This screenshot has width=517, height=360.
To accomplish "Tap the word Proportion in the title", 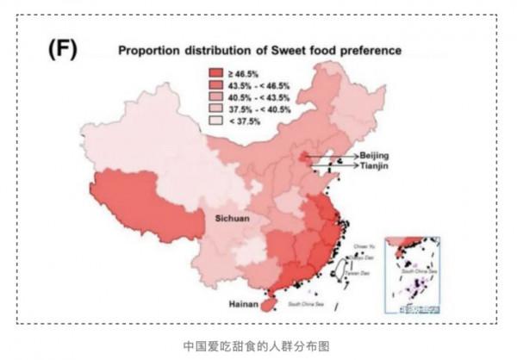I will click(x=149, y=51).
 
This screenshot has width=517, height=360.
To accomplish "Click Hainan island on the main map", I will click(x=269, y=303).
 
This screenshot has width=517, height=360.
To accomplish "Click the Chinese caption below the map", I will click(x=258, y=345).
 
